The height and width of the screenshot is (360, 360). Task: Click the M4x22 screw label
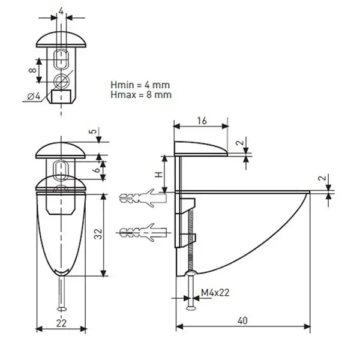pyautogui.click(x=215, y=293)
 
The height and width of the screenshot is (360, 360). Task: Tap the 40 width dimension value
pyautogui.click(x=242, y=321)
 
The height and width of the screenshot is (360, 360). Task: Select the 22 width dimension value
pyautogui.click(x=61, y=323)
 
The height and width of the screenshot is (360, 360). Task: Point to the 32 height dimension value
pyautogui.click(x=98, y=234)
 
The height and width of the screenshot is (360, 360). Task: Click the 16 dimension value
pyautogui.click(x=202, y=121)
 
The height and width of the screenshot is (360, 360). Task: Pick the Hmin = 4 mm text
pyautogui.click(x=140, y=85)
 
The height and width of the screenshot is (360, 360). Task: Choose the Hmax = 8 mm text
pyautogui.click(x=141, y=95)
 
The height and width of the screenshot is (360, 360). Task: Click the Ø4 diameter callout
pyautogui.click(x=34, y=96)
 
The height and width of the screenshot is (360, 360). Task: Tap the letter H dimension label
pyautogui.click(x=159, y=175)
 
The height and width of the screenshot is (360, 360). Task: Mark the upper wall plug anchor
pyautogui.click(x=143, y=198)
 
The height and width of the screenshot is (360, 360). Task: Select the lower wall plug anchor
pyautogui.click(x=143, y=232)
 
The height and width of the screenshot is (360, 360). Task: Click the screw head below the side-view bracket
pyautogui.click(x=191, y=308)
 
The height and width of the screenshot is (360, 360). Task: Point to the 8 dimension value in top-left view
pyautogui.click(x=32, y=70)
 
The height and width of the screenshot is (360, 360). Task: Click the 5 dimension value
pyautogui.click(x=92, y=131)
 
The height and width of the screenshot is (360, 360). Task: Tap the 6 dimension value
pyautogui.click(x=97, y=170)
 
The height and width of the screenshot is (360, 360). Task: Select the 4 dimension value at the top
pyautogui.click(x=61, y=11)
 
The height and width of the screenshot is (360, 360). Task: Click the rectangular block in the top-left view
pyautogui.click(x=61, y=97)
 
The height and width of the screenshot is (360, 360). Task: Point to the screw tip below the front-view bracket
pyautogui.click(x=61, y=310)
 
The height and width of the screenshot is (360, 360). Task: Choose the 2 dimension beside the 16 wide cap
pyautogui.click(x=239, y=143)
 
